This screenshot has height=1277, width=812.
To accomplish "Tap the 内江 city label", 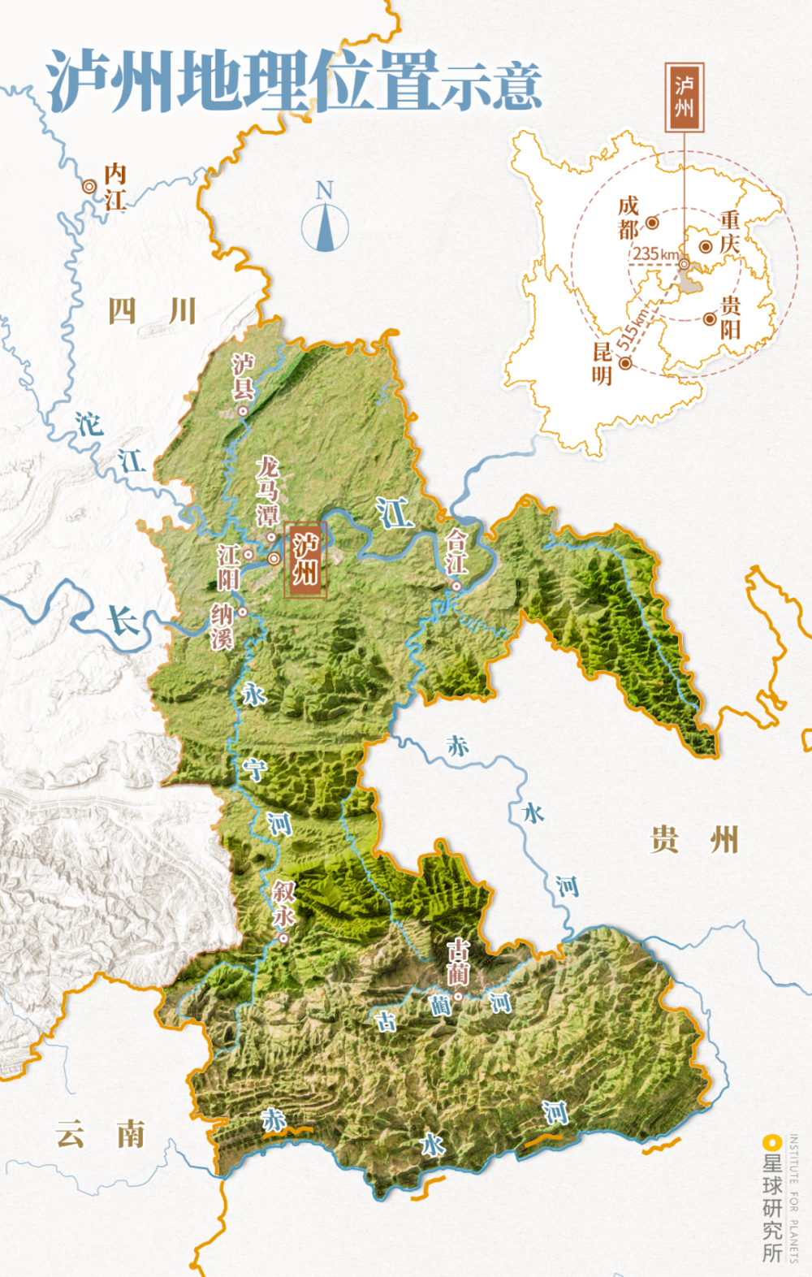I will pyautogui.click(x=115, y=186).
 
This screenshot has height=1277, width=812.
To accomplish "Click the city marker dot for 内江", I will pyautogui.click(x=89, y=187).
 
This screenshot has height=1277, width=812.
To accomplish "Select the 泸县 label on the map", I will pyautogui.click(x=243, y=377).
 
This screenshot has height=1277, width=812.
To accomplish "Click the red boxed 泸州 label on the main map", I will pyautogui.click(x=305, y=560).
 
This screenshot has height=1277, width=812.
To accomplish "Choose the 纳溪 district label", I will pyautogui.click(x=222, y=626).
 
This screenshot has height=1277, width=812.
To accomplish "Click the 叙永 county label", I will pyautogui.click(x=283, y=903).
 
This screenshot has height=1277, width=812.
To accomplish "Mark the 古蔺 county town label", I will pyautogui.click(x=459, y=963).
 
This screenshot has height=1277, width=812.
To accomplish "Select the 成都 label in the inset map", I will pyautogui.click(x=628, y=218).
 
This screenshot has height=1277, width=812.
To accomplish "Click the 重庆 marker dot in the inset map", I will pyautogui.click(x=706, y=246).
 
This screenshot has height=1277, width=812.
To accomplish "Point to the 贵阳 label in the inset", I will pyautogui.click(x=730, y=317).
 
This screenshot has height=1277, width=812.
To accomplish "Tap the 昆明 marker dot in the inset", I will pyautogui.click(x=625, y=363).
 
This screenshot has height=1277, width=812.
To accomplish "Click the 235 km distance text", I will pyautogui.click(x=655, y=253).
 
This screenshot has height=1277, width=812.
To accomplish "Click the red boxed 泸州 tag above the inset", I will pyautogui.click(x=684, y=97).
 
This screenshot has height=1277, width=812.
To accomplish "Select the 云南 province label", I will pyautogui.click(x=101, y=1134).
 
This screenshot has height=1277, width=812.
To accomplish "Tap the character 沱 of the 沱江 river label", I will pyautogui.click(x=89, y=423).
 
